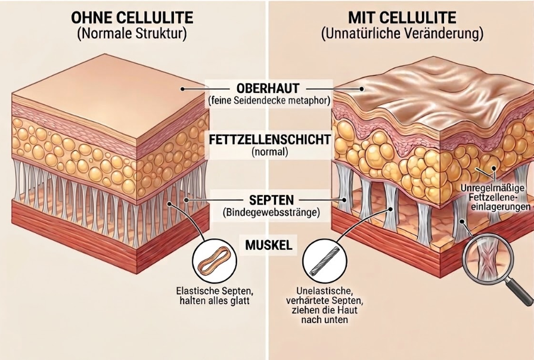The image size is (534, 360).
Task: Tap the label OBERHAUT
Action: tap(267, 87)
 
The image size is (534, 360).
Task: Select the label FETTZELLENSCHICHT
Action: tap(269, 139)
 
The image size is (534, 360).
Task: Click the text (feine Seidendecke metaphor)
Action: tap(269, 100)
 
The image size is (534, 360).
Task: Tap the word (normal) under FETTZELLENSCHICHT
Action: tap(269, 152)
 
